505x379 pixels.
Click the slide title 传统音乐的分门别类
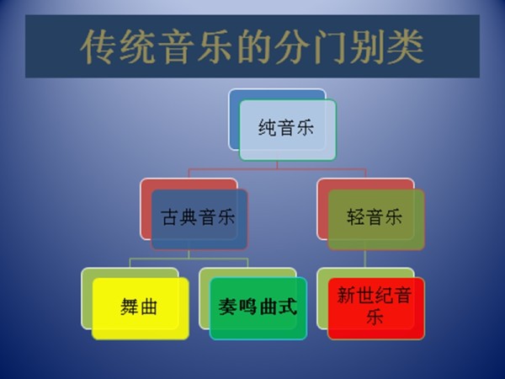252,47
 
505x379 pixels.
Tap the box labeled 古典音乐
199,218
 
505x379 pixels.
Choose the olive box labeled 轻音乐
375,218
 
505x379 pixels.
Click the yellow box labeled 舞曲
140,307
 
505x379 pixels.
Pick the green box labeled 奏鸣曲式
258,307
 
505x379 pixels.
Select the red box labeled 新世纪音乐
375,307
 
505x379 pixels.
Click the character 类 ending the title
406,48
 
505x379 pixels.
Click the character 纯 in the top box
268,130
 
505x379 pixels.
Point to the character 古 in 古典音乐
169,218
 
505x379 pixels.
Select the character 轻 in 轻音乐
356,218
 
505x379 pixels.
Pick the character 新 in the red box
345,296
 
